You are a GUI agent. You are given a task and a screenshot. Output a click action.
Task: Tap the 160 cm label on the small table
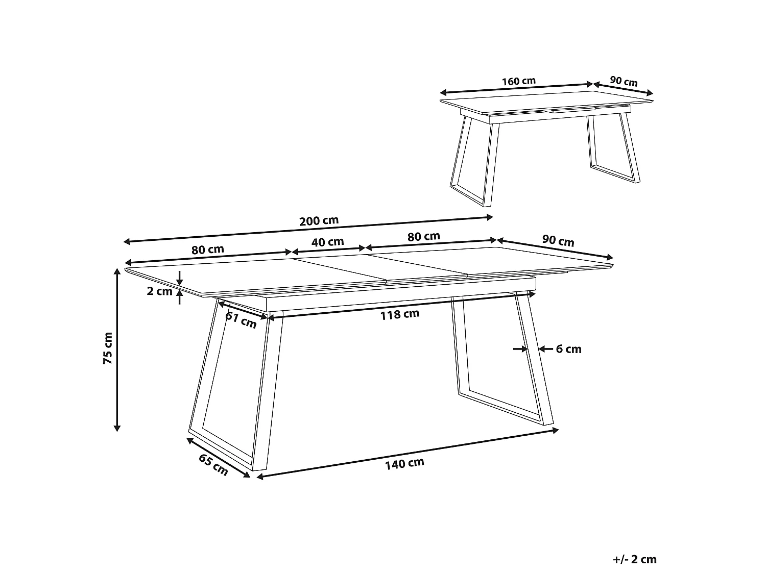[518, 81]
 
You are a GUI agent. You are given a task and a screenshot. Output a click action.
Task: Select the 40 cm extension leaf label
[328, 242]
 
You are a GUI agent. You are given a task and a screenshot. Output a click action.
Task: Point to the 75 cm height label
[108, 348]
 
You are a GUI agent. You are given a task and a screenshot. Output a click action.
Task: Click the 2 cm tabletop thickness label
[160, 291]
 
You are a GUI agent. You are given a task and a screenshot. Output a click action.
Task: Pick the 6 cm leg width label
[568, 349]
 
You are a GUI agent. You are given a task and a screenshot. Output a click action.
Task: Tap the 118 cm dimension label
[400, 314]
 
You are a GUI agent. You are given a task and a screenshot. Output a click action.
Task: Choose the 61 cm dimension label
[241, 320]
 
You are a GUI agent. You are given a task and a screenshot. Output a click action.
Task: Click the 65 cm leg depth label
[213, 465]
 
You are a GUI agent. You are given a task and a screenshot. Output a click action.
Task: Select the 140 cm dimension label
[405, 463]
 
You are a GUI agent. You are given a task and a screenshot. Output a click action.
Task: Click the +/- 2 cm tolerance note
[635, 559]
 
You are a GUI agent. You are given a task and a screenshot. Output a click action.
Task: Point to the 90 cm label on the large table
[558, 241]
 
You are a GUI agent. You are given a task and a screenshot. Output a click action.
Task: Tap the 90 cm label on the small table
[624, 82]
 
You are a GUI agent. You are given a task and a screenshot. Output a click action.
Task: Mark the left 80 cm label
[208, 249]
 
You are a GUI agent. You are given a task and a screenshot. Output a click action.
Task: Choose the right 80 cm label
[424, 236]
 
